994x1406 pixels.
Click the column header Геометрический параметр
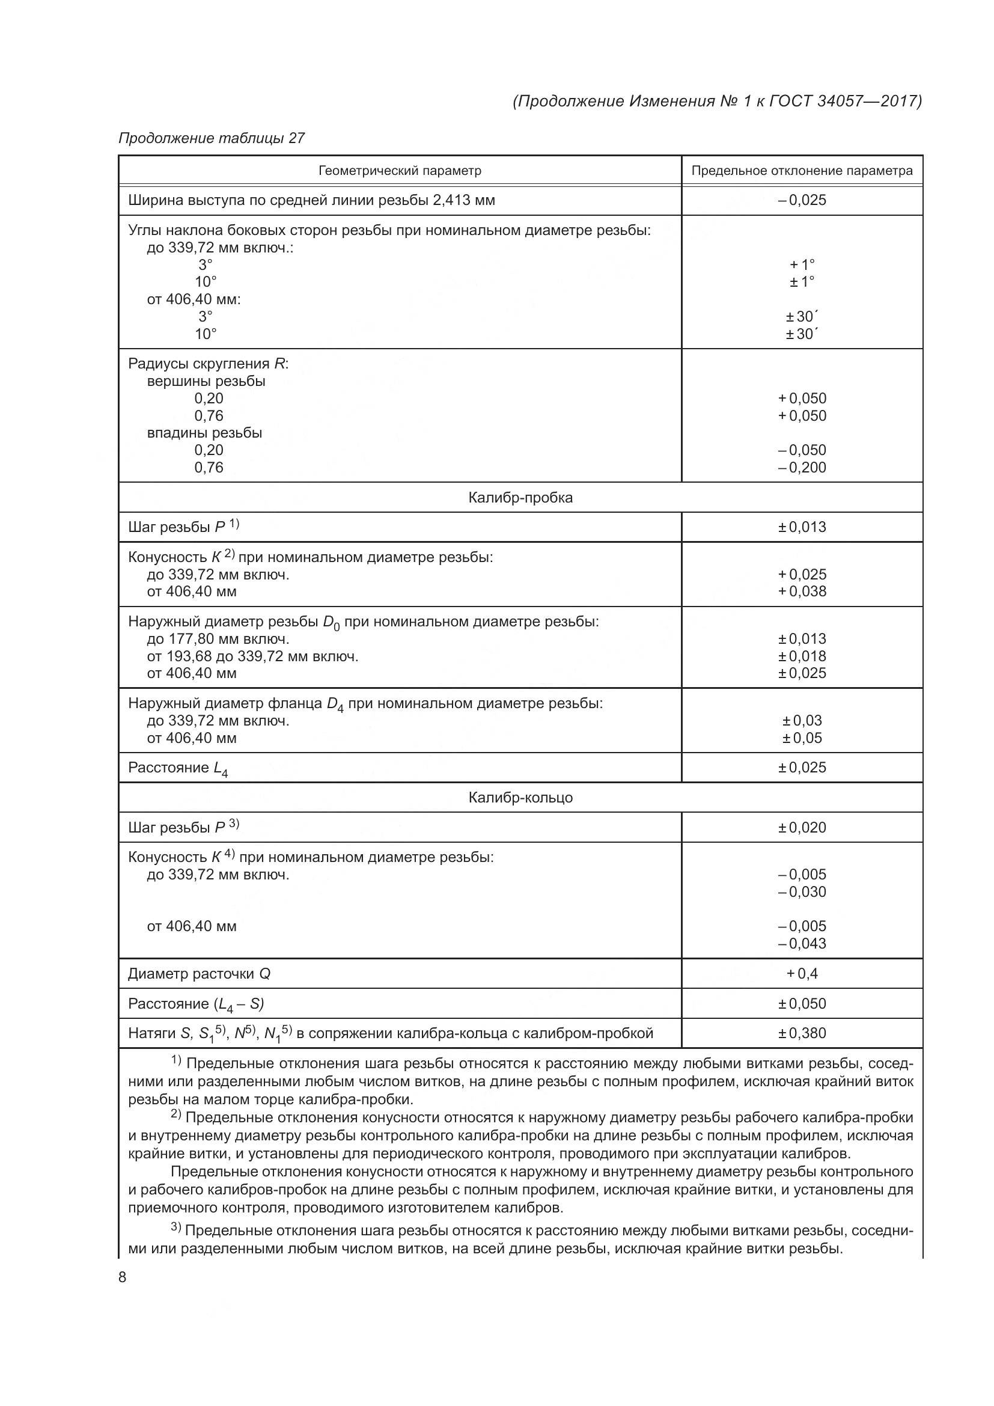click(x=400, y=171)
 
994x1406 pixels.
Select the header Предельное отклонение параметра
click(x=802, y=171)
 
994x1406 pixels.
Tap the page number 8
click(x=123, y=1277)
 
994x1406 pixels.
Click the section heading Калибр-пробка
click(x=520, y=497)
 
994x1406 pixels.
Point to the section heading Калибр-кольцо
click(x=520, y=797)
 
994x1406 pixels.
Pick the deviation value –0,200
click(x=802, y=467)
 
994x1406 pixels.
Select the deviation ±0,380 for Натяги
click(x=802, y=1033)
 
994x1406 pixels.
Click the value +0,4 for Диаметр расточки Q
click(x=802, y=973)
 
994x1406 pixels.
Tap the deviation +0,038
click(x=802, y=591)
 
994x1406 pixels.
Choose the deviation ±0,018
click(x=802, y=656)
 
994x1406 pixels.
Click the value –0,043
click(x=802, y=943)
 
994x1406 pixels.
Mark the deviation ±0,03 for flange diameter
click(x=802, y=720)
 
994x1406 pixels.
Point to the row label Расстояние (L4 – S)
click(x=196, y=1004)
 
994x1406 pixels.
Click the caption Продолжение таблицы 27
click(x=211, y=138)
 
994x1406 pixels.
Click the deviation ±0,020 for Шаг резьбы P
click(x=802, y=827)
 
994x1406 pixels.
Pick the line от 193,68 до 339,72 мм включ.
click(x=252, y=656)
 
